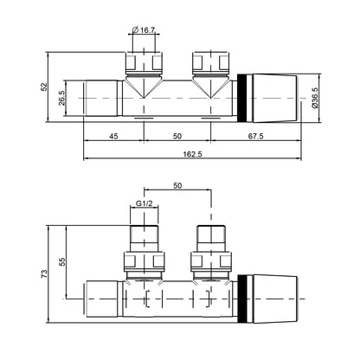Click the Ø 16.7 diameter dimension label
coord(144,29)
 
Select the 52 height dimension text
coord(44,87)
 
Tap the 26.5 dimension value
coord(62,98)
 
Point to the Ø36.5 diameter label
coord(315,98)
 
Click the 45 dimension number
coord(113,136)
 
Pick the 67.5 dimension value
coord(256,136)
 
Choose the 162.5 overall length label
coord(192,154)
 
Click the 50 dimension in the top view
coord(177,136)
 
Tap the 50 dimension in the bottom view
coord(177,186)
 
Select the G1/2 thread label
coord(144,203)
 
